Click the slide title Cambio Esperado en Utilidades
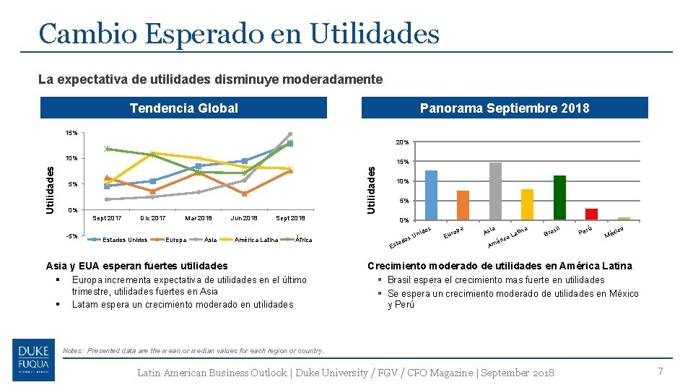tap(239, 33)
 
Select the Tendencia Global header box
tap(183, 108)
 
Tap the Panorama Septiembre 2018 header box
tap(505, 108)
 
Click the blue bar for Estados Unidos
tap(431, 195)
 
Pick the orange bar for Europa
tap(463, 205)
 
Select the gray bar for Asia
tap(495, 191)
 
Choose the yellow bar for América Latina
tap(527, 204)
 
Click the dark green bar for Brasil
tap(559, 197)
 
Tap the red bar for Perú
tap(591, 214)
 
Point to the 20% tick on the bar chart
tap(402, 142)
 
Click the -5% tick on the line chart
tap(71, 236)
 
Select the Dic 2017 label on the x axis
tap(152, 217)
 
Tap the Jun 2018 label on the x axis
tap(244, 217)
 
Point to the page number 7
tap(659, 371)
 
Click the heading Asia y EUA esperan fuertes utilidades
tap(136, 266)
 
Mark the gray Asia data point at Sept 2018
tap(289, 134)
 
